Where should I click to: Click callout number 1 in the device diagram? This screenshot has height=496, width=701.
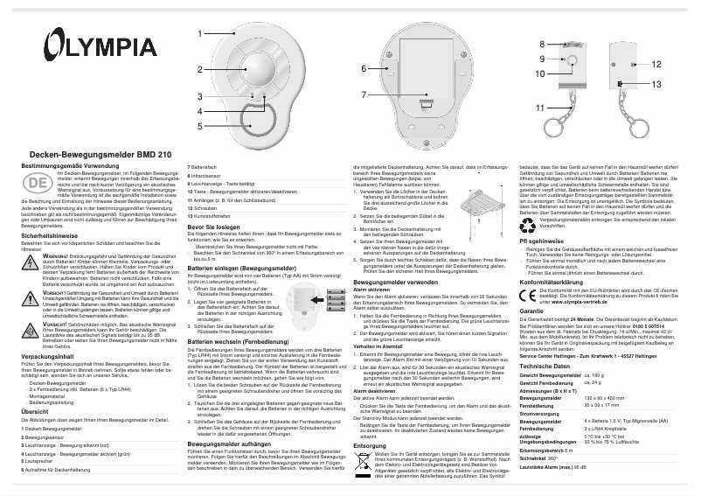pos(199,32)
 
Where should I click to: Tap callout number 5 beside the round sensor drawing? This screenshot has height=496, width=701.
pos(199,126)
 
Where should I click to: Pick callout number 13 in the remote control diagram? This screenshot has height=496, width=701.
pos(655,83)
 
